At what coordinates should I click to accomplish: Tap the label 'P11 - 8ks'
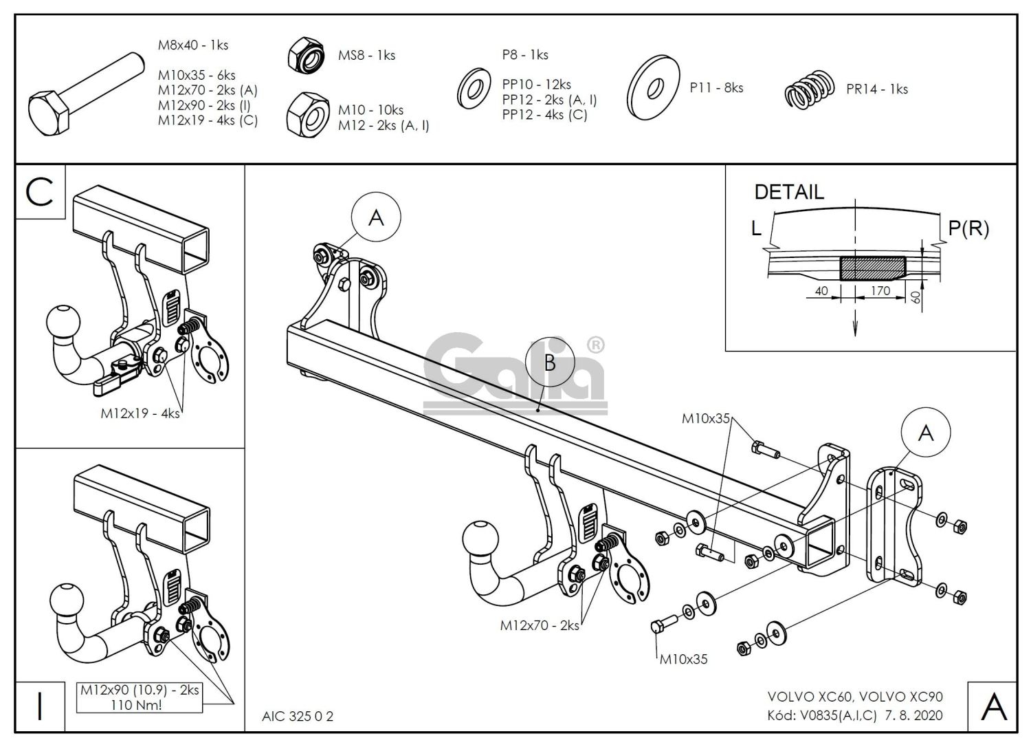[716, 88]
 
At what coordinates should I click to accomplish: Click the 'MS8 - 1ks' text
[366, 55]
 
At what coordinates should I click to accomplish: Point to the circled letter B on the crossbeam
[549, 362]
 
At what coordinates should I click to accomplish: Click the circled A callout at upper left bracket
[376, 218]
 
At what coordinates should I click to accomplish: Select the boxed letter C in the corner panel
[40, 192]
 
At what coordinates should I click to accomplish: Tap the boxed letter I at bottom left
[40, 706]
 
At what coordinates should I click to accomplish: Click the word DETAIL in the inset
[788, 192]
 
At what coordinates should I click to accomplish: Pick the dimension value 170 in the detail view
[880, 290]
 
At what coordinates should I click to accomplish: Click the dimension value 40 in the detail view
[821, 290]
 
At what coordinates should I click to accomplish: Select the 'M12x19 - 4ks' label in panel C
[140, 413]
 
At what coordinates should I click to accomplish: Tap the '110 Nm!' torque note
[140, 704]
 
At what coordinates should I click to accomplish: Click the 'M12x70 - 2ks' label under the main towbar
[539, 625]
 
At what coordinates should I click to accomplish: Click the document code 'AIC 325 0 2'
[298, 716]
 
